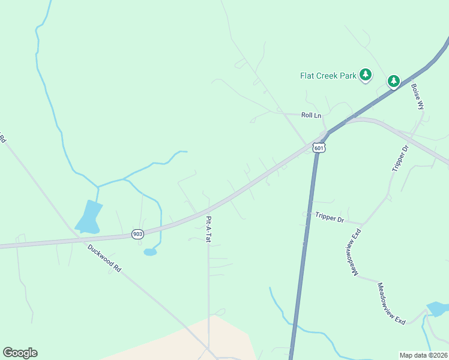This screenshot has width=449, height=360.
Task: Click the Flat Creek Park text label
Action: [328, 76]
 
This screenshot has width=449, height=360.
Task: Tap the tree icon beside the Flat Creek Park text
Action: [366, 75]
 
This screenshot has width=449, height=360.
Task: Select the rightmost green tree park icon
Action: [393, 81]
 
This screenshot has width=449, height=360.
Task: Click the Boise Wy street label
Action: [417, 95]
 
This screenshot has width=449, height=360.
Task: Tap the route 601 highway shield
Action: [319, 148]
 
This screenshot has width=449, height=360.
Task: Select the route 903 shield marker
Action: [138, 235]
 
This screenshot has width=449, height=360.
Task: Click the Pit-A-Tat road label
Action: [208, 229]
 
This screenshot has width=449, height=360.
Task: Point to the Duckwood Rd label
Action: [104, 258]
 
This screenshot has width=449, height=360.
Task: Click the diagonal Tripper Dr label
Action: [400, 158]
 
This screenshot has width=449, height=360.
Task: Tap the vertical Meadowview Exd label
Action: [352, 252]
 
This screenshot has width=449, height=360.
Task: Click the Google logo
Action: [20, 353]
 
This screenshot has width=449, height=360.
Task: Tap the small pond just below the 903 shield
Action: [150, 252]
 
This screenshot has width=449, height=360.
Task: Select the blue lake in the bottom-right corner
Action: [437, 309]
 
